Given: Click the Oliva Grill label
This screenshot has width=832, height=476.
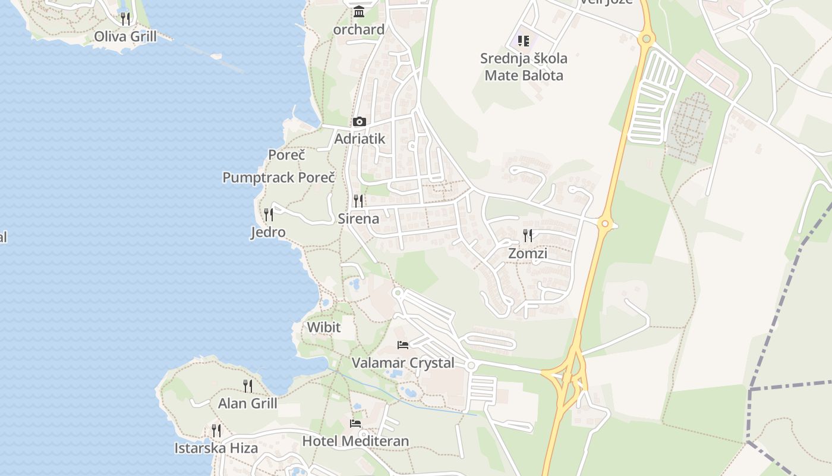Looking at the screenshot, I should [125, 37].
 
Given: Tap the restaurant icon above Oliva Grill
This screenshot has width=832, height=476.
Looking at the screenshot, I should [125, 19].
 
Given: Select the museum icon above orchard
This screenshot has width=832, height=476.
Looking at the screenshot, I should [359, 12].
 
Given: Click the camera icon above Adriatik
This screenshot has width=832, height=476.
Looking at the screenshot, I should [359, 122].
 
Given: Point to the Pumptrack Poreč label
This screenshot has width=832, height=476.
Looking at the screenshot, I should [279, 177].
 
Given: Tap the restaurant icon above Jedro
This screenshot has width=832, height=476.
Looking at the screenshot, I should [269, 214].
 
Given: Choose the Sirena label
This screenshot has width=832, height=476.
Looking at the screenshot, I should [358, 218].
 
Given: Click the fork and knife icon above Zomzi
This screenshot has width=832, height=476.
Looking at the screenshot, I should [528, 236].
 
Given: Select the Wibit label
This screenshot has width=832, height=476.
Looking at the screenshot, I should [324, 327].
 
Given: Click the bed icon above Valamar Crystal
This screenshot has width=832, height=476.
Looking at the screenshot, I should [403, 345].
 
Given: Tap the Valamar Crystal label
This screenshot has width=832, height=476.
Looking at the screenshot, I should [403, 363].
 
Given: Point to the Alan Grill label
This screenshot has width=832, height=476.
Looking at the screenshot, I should [248, 403].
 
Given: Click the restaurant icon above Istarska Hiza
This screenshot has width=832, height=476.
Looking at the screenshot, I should [216, 430].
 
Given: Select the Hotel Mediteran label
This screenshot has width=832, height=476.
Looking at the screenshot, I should [355, 441].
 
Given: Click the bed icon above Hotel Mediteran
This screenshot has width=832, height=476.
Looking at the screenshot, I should [355, 424].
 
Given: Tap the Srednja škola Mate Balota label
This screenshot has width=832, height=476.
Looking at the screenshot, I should [524, 67].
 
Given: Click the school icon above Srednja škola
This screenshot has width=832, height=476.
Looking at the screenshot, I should [524, 41].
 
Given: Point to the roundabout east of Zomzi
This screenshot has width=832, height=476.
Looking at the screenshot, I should [605, 224].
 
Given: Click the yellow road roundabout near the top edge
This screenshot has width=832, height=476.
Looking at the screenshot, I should [647, 39].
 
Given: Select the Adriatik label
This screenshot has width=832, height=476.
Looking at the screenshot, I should [360, 139].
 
